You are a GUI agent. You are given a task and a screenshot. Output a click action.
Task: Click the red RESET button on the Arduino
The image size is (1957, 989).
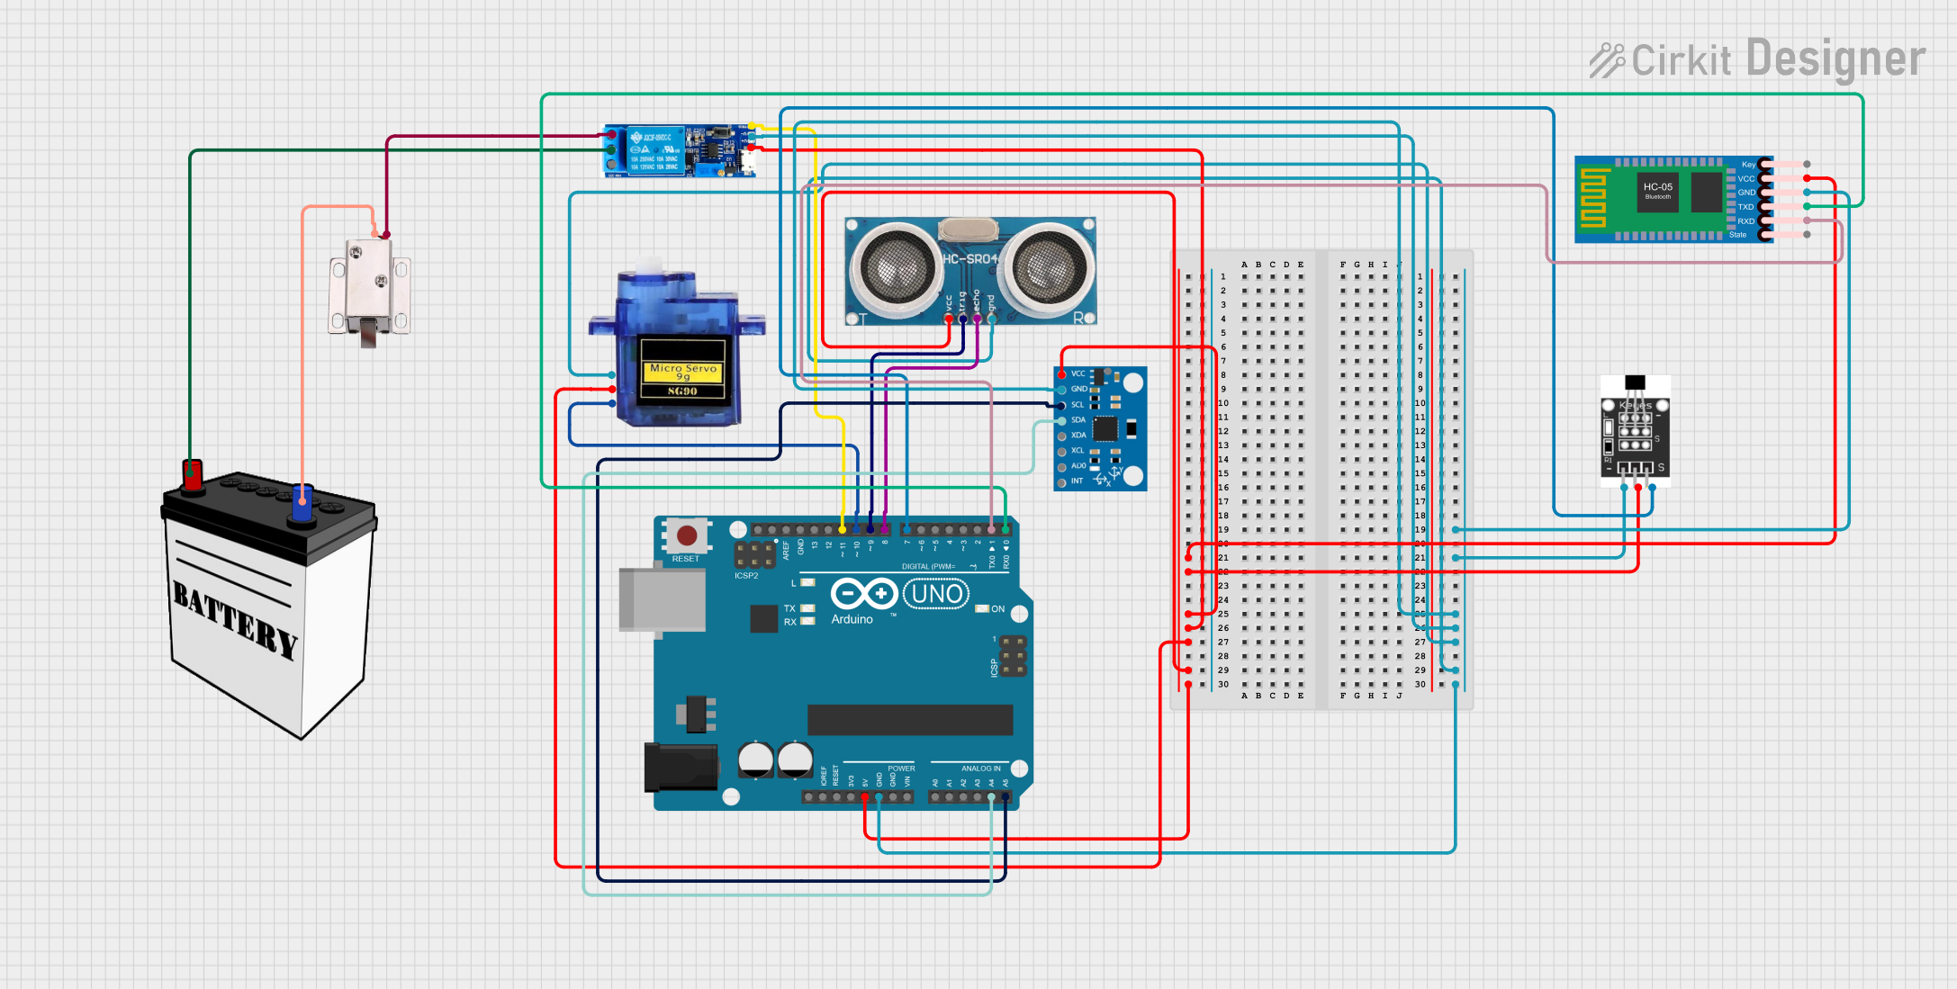point(686,536)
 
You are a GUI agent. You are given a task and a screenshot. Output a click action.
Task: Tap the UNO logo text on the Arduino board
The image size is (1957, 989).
point(936,594)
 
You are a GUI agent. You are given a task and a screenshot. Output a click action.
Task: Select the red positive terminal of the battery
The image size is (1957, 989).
point(193,474)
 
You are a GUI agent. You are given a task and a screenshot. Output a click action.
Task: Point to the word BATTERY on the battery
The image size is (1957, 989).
point(235,619)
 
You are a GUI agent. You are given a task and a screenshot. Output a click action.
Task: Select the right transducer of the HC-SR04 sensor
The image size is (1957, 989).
point(1045,267)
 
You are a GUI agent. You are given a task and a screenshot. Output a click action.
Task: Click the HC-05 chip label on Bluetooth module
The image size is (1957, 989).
point(1657,188)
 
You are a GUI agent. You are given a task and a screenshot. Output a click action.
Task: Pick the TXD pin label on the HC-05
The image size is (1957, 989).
point(1745,207)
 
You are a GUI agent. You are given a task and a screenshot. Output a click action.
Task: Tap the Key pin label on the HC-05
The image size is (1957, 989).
point(1748,165)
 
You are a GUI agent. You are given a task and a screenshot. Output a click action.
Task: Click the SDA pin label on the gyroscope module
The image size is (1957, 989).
point(1078,420)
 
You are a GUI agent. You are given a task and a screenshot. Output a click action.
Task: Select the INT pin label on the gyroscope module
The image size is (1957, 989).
point(1077,481)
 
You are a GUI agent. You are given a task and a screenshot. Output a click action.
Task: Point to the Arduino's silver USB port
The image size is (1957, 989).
point(662,598)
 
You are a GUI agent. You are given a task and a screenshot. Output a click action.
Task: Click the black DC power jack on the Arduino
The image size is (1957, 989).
point(681,768)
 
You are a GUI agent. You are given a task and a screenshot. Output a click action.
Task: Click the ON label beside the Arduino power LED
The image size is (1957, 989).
point(997,609)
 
